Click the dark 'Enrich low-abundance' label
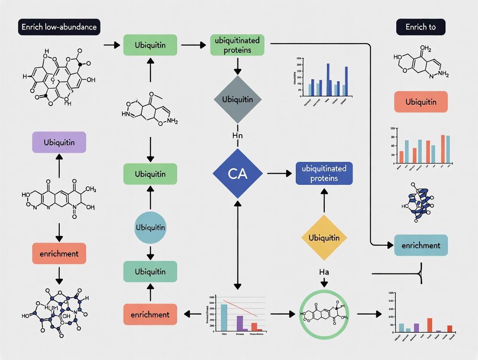pyautogui.click(x=59, y=27)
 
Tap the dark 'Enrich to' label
pyautogui.click(x=420, y=27)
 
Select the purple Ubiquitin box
pyautogui.click(x=59, y=142)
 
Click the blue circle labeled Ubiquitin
pyautogui.click(x=150, y=228)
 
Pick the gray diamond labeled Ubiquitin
pyautogui.click(x=237, y=99)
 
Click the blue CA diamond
pyautogui.click(x=237, y=174)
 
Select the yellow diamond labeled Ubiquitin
pyautogui.click(x=324, y=238)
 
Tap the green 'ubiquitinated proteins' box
pyautogui.click(x=237, y=45)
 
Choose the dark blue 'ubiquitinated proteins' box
pyautogui.click(x=324, y=174)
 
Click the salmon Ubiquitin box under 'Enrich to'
pyautogui.click(x=420, y=102)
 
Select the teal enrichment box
pyautogui.click(x=420, y=245)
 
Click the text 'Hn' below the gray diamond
pyautogui.click(x=237, y=136)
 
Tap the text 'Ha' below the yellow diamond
pyautogui.click(x=324, y=272)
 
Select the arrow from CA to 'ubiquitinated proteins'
pyautogui.click(x=279, y=174)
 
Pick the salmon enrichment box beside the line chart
pyautogui.click(x=150, y=315)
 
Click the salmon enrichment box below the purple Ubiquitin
pyautogui.click(x=59, y=254)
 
